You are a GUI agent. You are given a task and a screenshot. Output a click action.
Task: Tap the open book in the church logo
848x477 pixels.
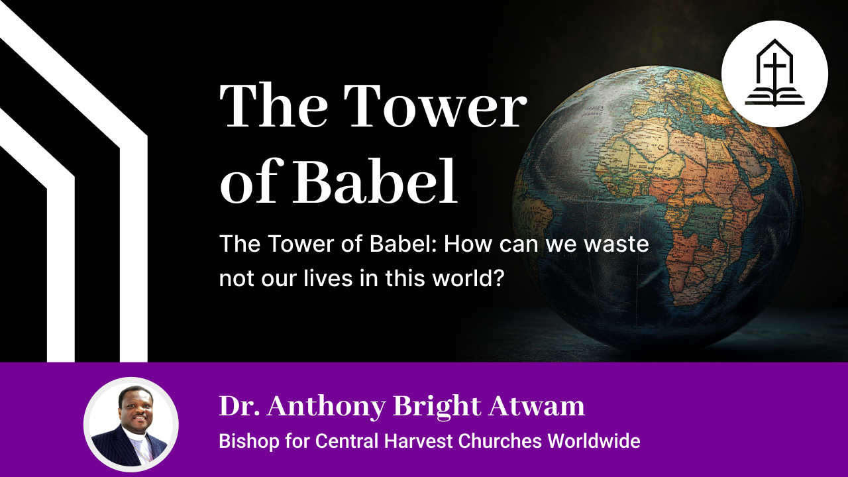tap(774, 98)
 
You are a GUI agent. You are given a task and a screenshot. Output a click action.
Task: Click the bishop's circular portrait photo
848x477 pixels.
tap(131, 425)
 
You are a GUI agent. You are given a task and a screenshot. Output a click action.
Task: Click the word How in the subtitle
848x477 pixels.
tap(463, 244)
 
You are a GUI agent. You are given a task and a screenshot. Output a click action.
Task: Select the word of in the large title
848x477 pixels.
tap(249, 182)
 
